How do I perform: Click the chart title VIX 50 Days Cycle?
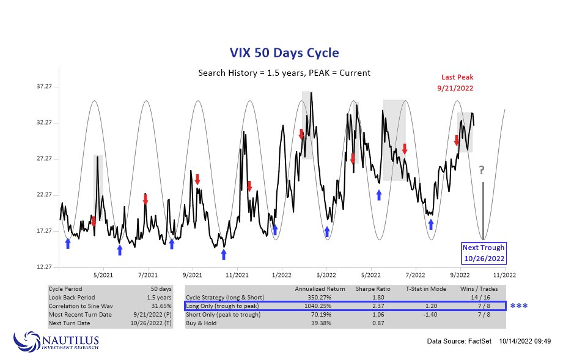[x=284, y=53]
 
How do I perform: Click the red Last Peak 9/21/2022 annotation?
[x=457, y=83]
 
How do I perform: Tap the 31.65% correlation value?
[x=160, y=306]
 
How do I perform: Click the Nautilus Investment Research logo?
[x=56, y=340]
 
